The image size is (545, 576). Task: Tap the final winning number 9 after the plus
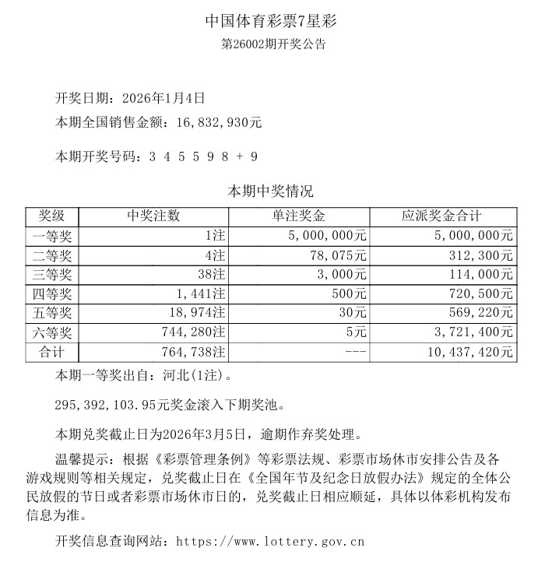click(x=253, y=156)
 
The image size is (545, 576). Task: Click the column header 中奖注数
click(x=153, y=216)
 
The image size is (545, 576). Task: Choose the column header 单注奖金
click(x=299, y=216)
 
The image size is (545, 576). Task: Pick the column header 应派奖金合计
click(x=442, y=216)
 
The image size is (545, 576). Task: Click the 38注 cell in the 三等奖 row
click(x=209, y=275)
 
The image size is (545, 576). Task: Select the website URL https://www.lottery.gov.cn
click(x=271, y=541)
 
